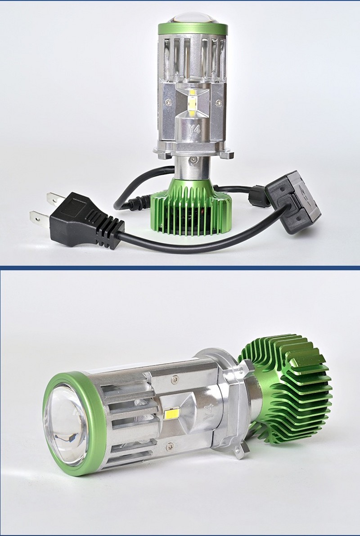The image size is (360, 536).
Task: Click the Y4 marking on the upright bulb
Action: click(193, 129)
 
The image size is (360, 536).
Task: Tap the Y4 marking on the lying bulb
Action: click(208, 413)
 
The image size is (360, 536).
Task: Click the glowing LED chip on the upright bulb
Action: click(192, 103)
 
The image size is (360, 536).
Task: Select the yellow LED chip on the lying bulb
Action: click(172, 414)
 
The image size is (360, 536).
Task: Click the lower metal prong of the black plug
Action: click(40, 218)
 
